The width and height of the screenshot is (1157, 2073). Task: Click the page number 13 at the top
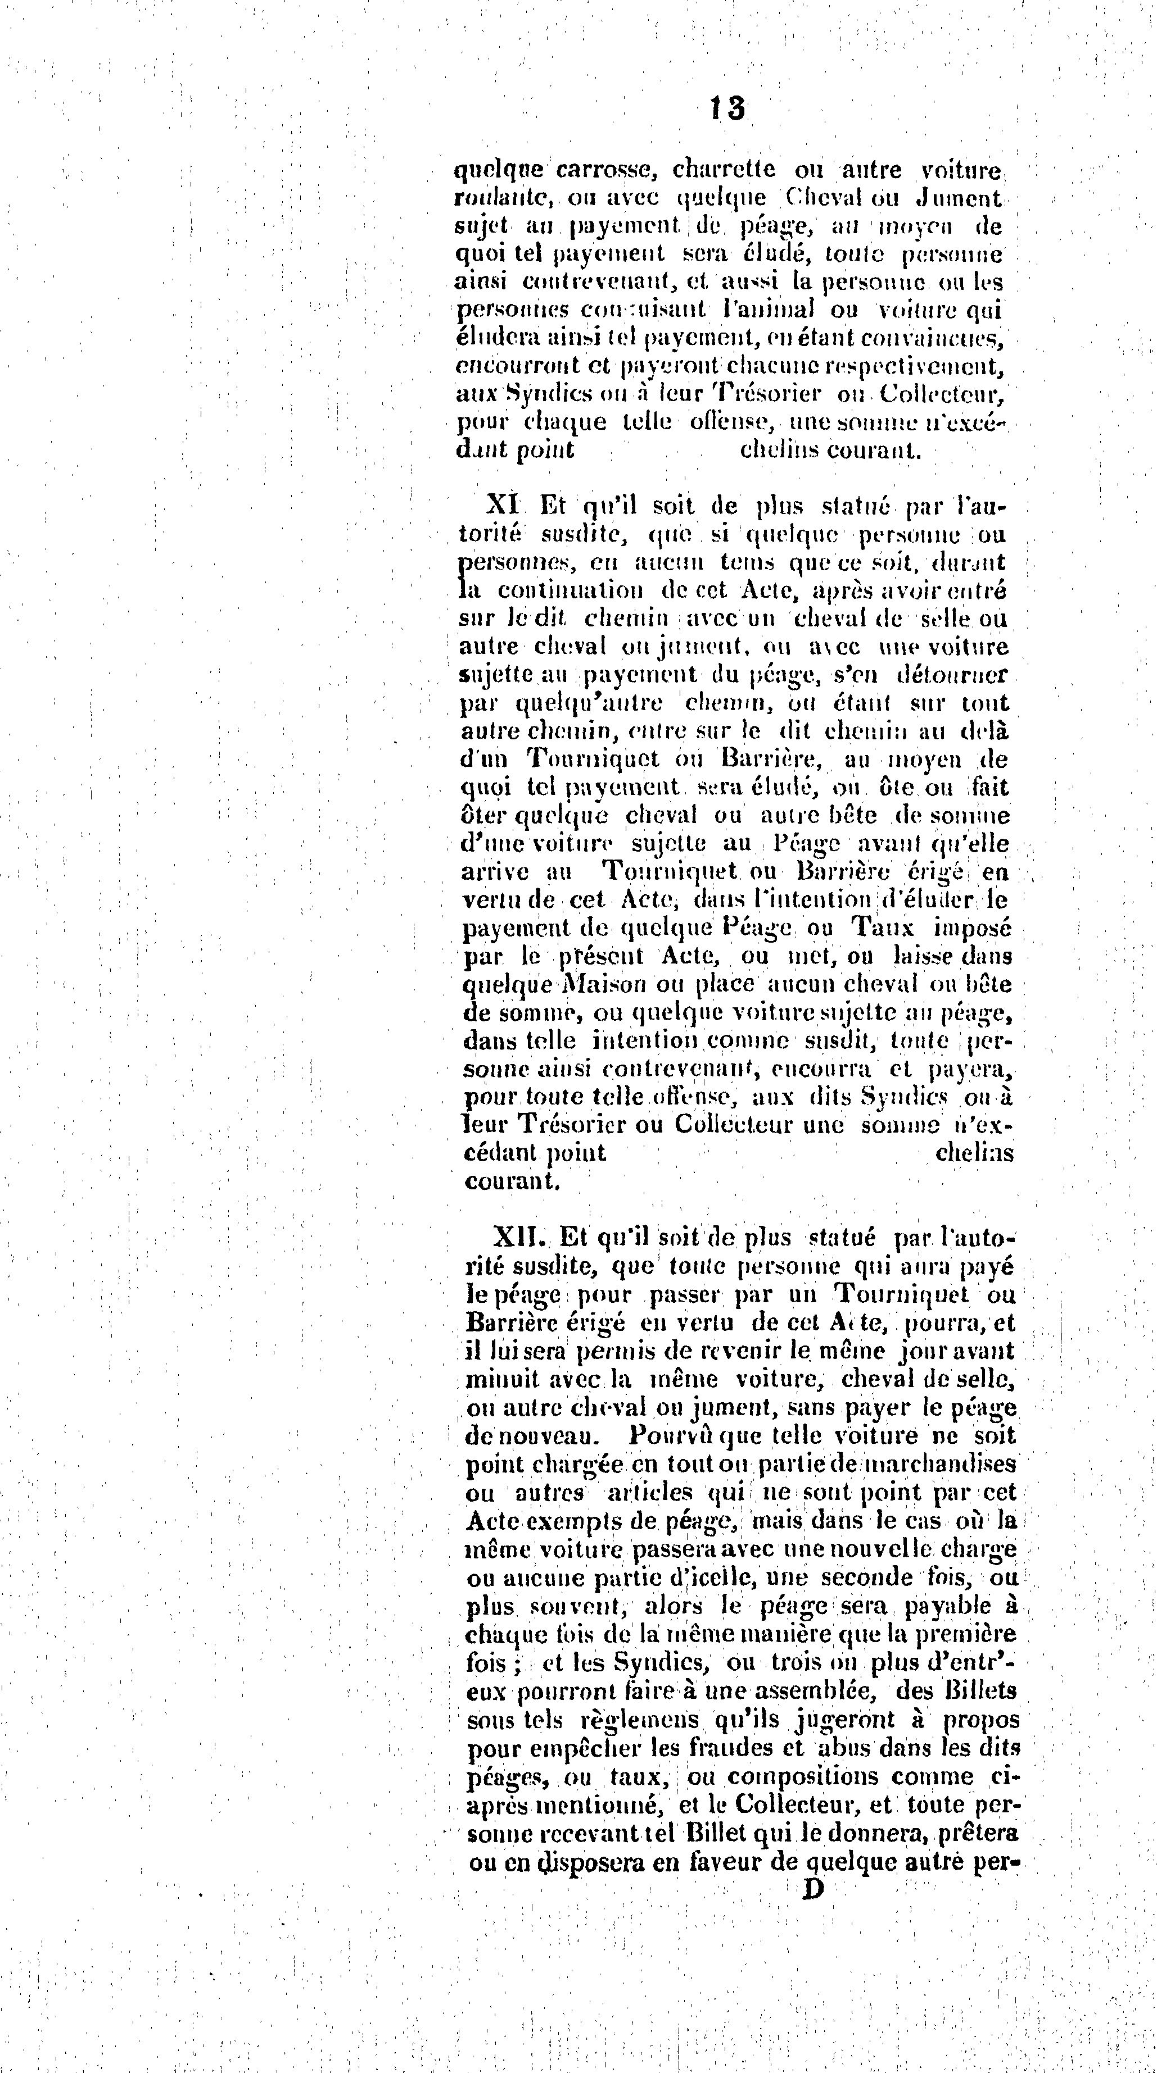[726, 108]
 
